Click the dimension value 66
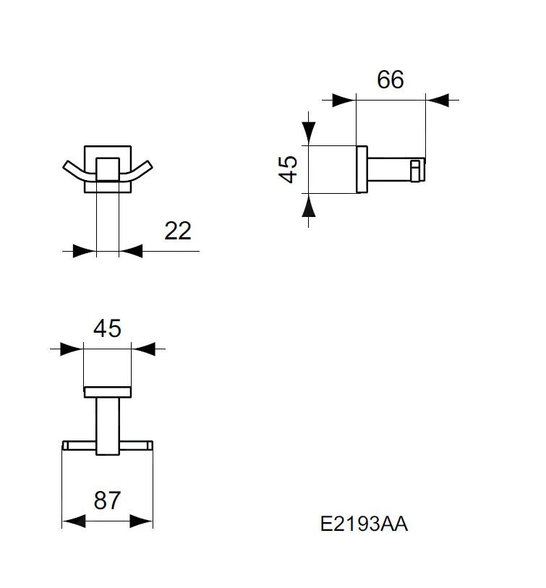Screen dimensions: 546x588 (390, 80)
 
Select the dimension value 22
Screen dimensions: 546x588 (178, 231)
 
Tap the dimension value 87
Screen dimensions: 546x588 (107, 500)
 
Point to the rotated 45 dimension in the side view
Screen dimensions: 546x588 (289, 169)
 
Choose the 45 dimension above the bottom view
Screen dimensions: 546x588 (107, 328)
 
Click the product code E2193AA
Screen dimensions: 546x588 (364, 524)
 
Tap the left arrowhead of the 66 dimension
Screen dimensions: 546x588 (344, 100)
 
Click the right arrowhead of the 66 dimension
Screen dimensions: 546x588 (438, 100)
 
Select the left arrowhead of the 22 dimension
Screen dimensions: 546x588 (85, 251)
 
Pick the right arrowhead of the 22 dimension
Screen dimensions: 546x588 (131, 251)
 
